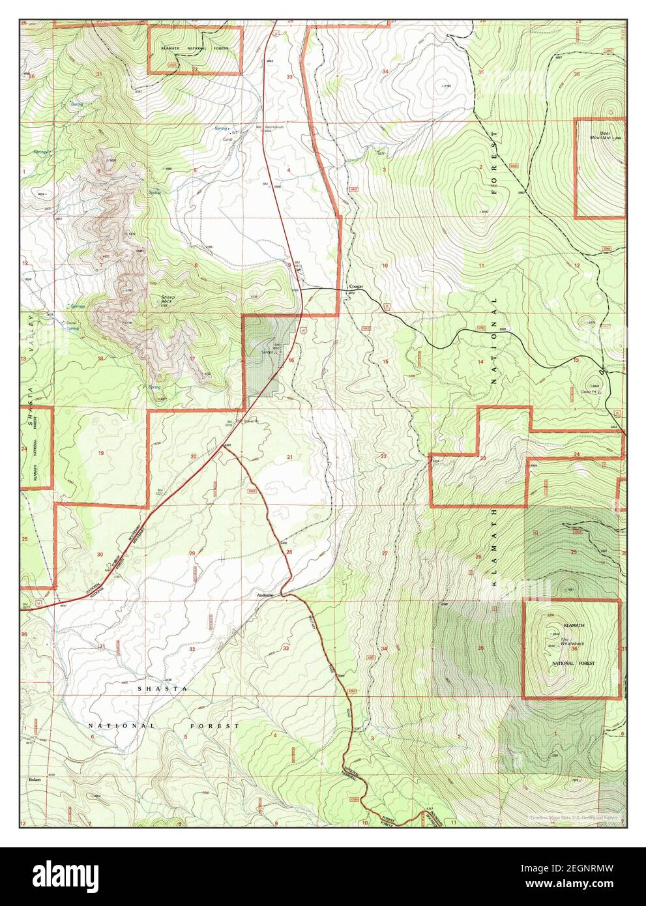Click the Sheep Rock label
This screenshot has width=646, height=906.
[168, 299]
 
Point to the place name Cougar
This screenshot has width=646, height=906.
[355, 287]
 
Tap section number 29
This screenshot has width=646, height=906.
[192, 553]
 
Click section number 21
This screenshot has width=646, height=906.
[289, 457]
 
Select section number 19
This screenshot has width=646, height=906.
[101, 452]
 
